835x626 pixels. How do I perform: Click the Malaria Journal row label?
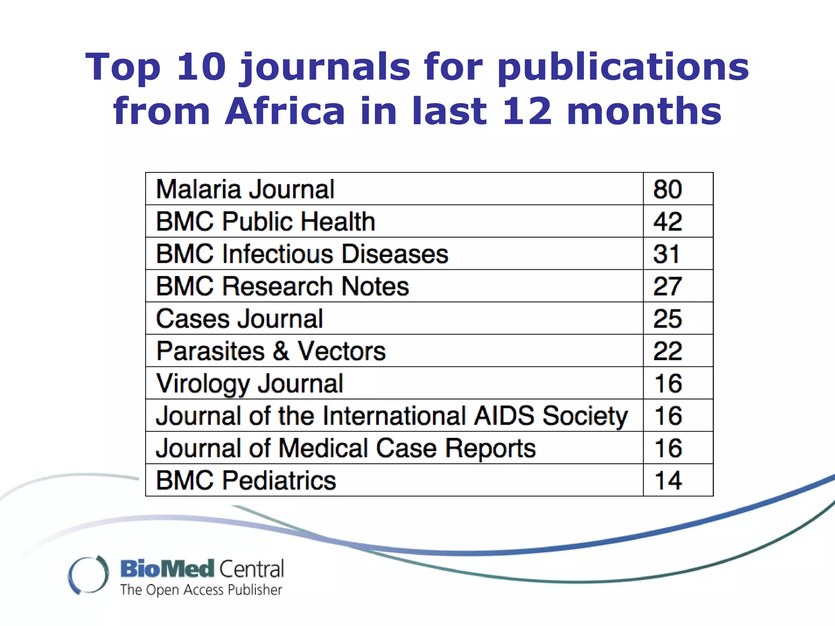[245, 189]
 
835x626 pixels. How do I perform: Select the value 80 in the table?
[667, 189]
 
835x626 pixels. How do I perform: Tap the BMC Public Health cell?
[265, 221]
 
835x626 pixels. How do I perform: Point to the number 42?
[667, 221]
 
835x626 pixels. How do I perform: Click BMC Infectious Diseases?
[302, 254]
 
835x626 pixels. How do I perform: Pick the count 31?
[666, 254]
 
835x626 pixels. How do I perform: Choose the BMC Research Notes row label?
[282, 286]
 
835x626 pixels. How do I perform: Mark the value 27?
[667, 286]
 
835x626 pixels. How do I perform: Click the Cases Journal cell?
[239, 319]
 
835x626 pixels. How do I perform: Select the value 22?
[667, 351]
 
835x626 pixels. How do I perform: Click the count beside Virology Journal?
[668, 384]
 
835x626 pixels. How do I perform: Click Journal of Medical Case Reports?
[346, 448]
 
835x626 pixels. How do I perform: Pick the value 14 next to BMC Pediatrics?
[668, 481]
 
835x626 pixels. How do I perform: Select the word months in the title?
[644, 111]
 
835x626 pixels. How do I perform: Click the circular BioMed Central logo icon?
[88, 575]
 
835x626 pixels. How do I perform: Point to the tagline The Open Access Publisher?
[201, 590]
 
